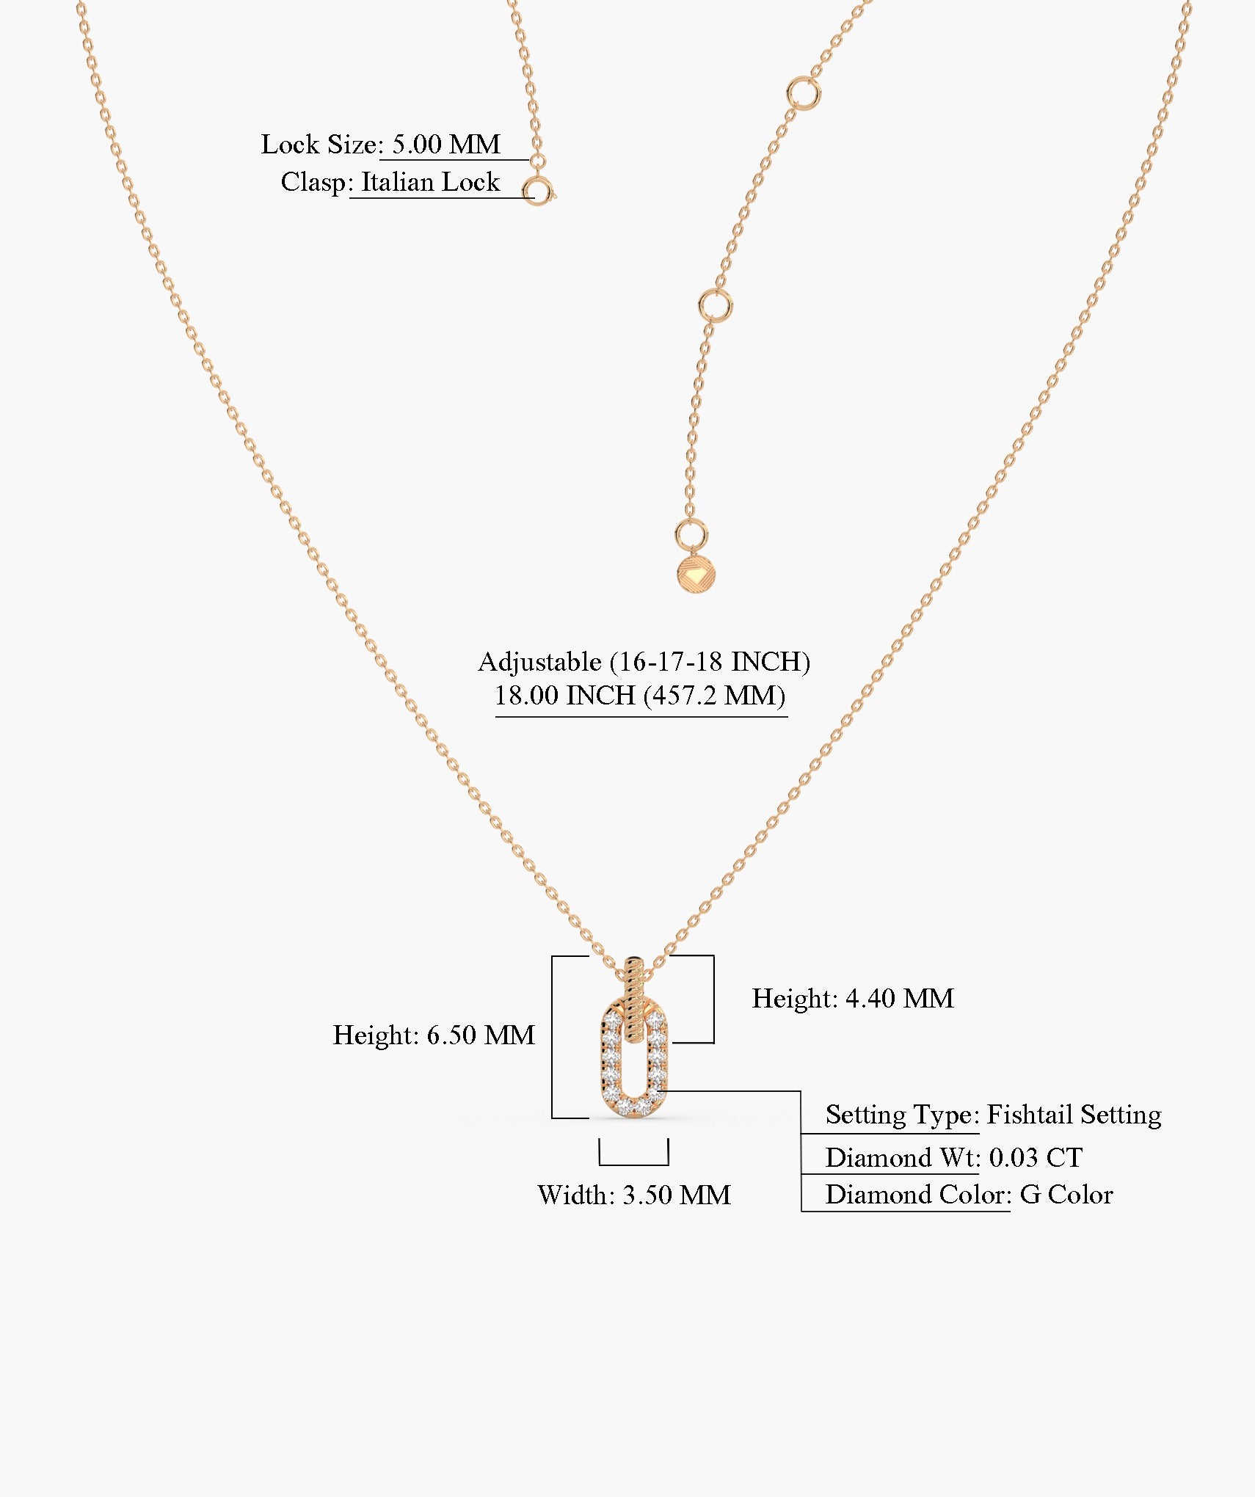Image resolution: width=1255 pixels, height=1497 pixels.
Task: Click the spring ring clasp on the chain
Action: point(539,192)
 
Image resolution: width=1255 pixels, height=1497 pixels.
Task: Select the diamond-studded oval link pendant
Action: point(633,1060)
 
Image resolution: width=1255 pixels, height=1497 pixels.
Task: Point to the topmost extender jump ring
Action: point(803,94)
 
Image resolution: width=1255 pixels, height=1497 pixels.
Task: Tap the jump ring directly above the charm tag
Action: point(691,535)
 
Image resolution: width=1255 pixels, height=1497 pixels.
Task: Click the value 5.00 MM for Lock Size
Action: point(446,144)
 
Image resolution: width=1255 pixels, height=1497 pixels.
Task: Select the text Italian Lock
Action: point(430,182)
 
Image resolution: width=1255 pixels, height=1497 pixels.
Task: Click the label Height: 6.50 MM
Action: point(434,1035)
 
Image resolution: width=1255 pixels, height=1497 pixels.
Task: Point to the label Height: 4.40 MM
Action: point(853,998)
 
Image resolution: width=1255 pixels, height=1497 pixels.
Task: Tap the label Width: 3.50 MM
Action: point(634,1195)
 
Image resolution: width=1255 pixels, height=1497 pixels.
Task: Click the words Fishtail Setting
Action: point(1074,1114)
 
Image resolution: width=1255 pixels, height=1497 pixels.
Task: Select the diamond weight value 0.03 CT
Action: point(1036,1157)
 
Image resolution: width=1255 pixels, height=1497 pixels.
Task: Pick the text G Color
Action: point(1066,1194)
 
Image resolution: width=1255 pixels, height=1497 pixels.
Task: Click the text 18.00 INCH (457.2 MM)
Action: point(640,695)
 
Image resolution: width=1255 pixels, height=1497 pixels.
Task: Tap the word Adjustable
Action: point(539,662)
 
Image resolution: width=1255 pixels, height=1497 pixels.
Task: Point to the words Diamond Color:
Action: point(918,1194)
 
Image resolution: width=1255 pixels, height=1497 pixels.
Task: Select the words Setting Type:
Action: point(902,1114)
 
